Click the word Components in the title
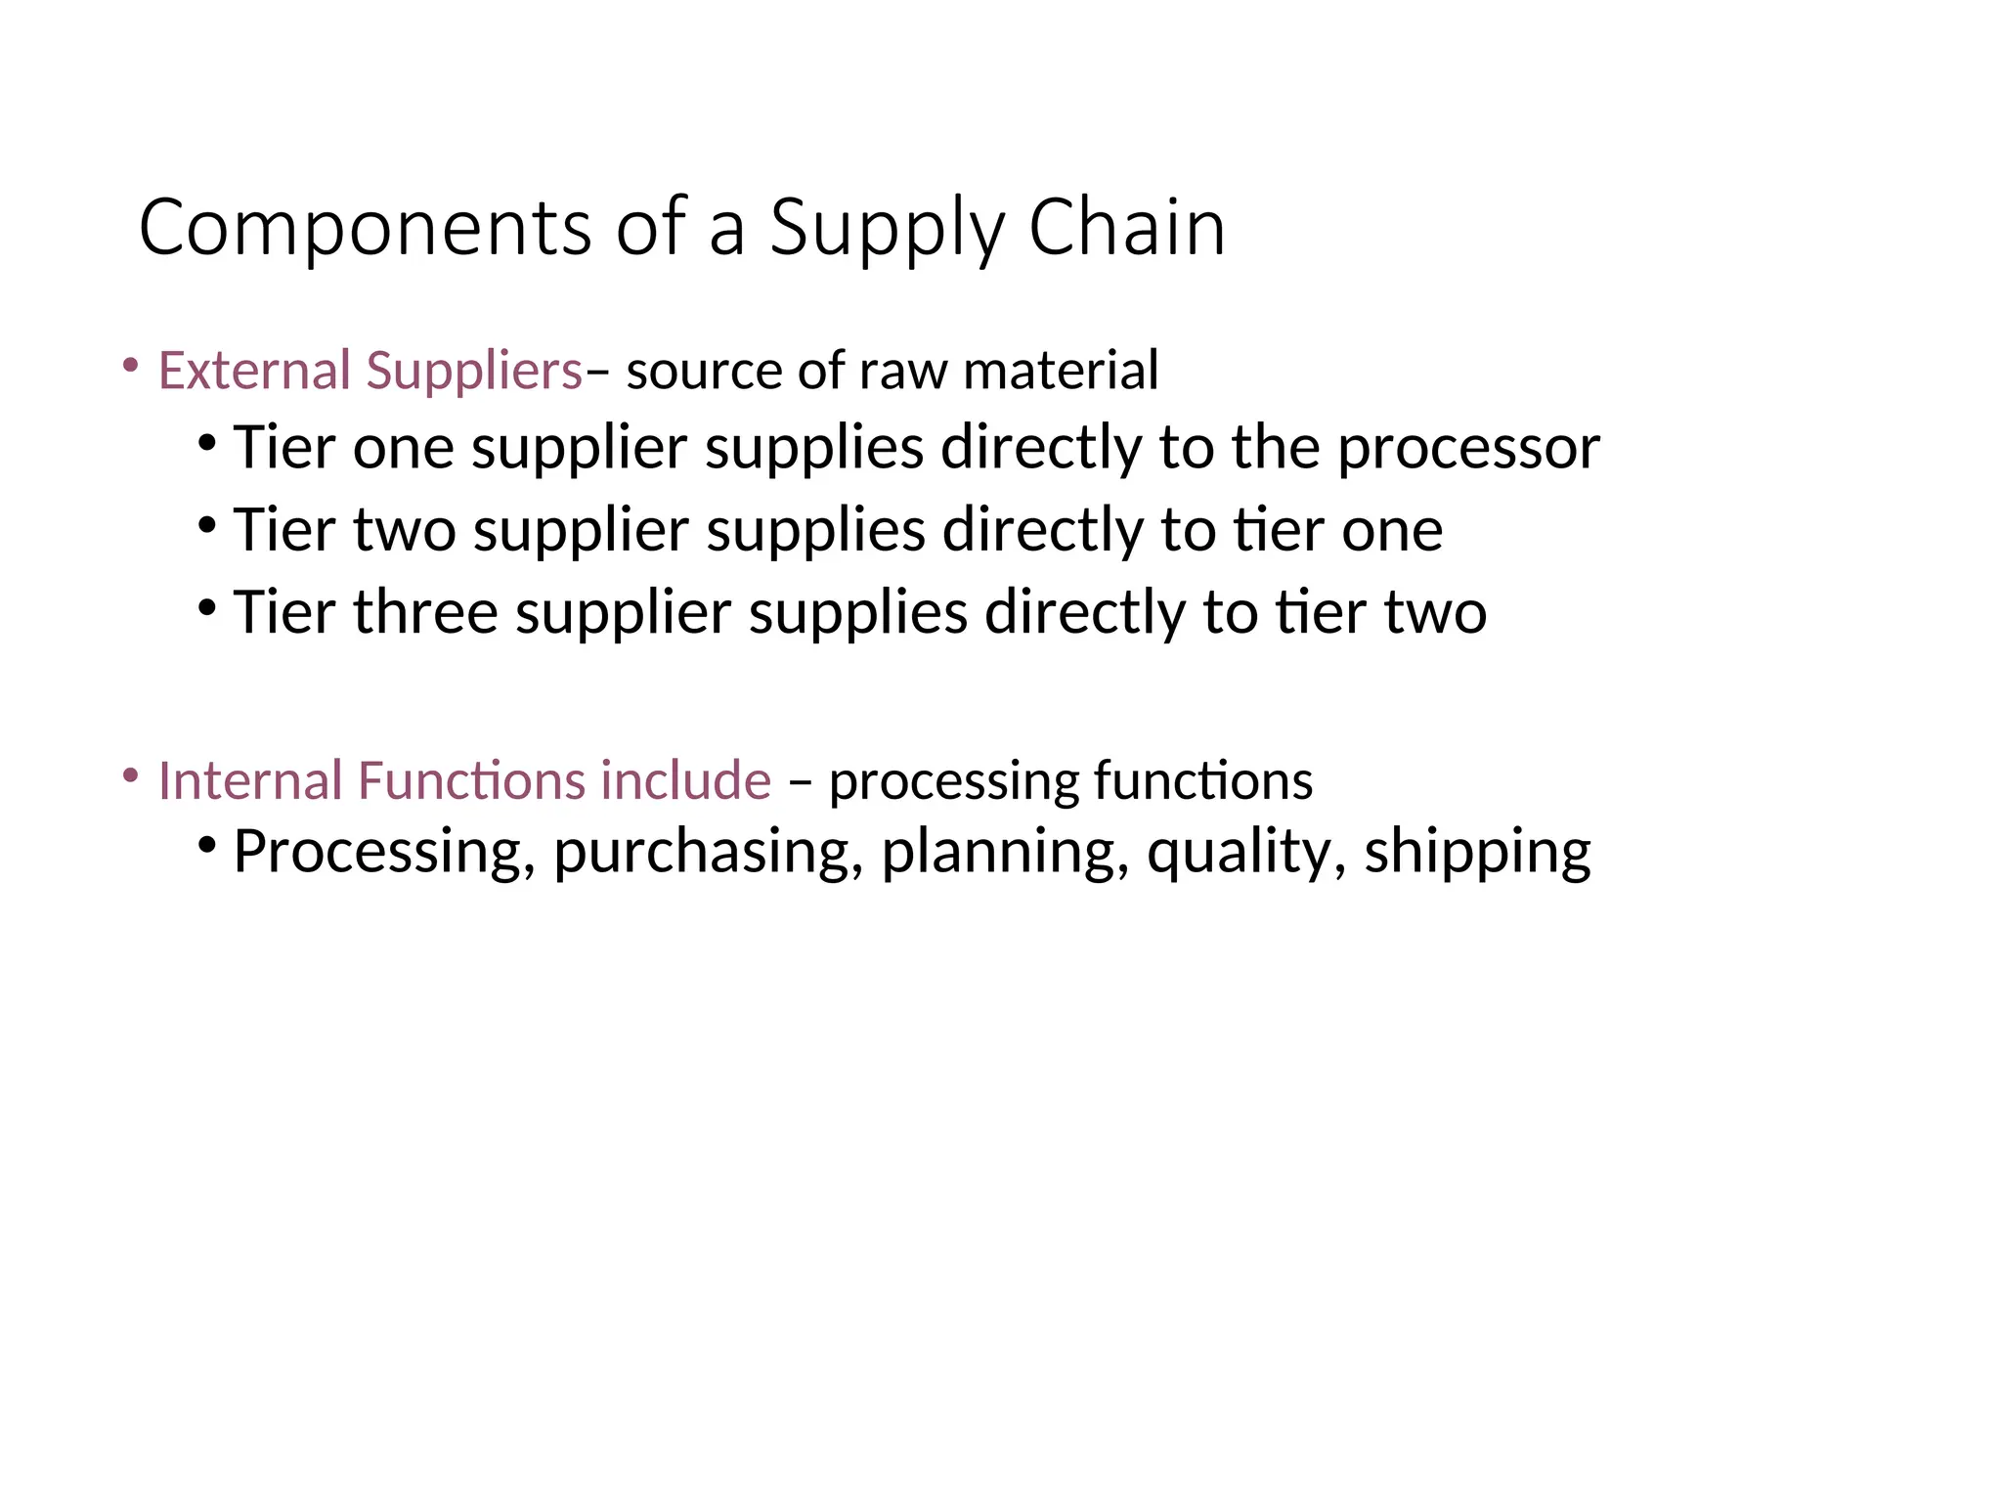pyautogui.click(x=365, y=228)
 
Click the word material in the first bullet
pyautogui.click(x=1061, y=371)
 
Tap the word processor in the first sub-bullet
pyautogui.click(x=1468, y=449)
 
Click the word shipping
pyautogui.click(x=1477, y=852)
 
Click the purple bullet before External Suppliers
pyautogui.click(x=130, y=366)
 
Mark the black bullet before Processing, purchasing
pyautogui.click(x=205, y=844)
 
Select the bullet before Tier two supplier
pyautogui.click(x=205, y=524)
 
